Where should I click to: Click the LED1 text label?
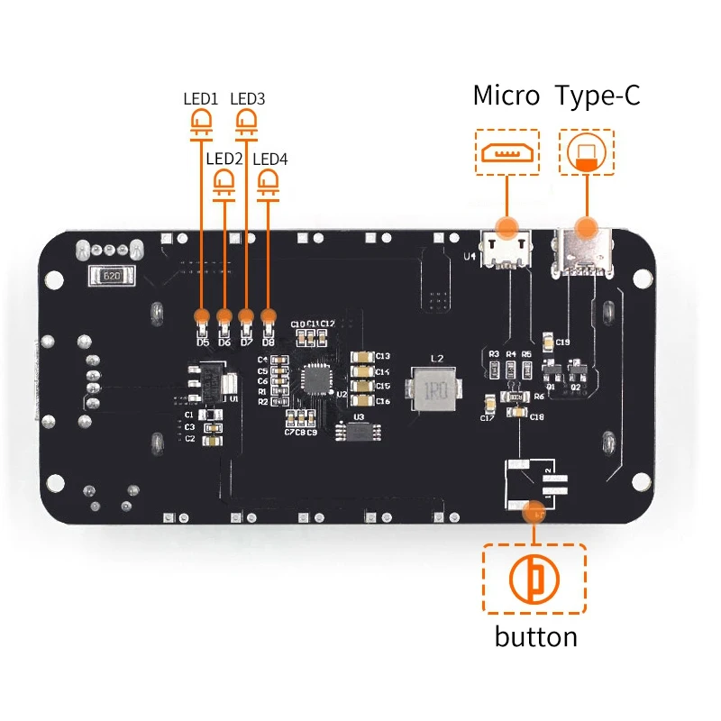click(x=201, y=98)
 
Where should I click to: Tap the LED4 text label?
click(x=269, y=159)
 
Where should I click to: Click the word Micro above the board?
click(x=506, y=96)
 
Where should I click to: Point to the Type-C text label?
click(x=598, y=96)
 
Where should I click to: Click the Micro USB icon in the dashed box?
click(x=507, y=151)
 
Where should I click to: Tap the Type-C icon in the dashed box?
click(x=587, y=151)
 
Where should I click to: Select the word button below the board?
click(x=535, y=637)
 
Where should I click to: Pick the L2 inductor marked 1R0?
click(x=436, y=388)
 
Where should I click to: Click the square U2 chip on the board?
click(x=317, y=379)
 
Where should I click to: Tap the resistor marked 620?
click(x=112, y=277)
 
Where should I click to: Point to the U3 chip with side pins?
click(x=358, y=432)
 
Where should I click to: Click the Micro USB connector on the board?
click(x=507, y=247)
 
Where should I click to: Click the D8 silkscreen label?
click(x=268, y=342)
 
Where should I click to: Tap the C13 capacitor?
click(x=360, y=356)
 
